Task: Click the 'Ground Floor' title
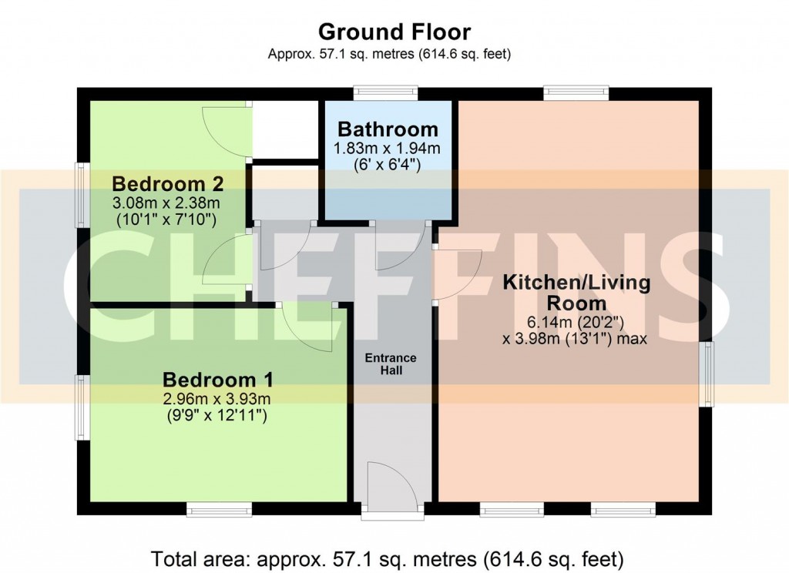(x=394, y=32)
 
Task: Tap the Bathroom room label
(x=388, y=129)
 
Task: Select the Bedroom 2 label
(x=168, y=184)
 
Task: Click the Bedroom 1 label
(x=218, y=380)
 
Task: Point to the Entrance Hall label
(x=391, y=364)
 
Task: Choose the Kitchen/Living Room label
(x=576, y=292)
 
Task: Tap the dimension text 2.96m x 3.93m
(x=218, y=399)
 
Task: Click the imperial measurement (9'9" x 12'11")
(x=218, y=416)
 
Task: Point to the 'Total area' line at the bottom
(x=388, y=557)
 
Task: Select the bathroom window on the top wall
(x=386, y=93)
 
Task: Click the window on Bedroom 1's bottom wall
(x=220, y=510)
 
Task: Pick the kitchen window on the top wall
(x=576, y=93)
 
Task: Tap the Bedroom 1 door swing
(x=308, y=327)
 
